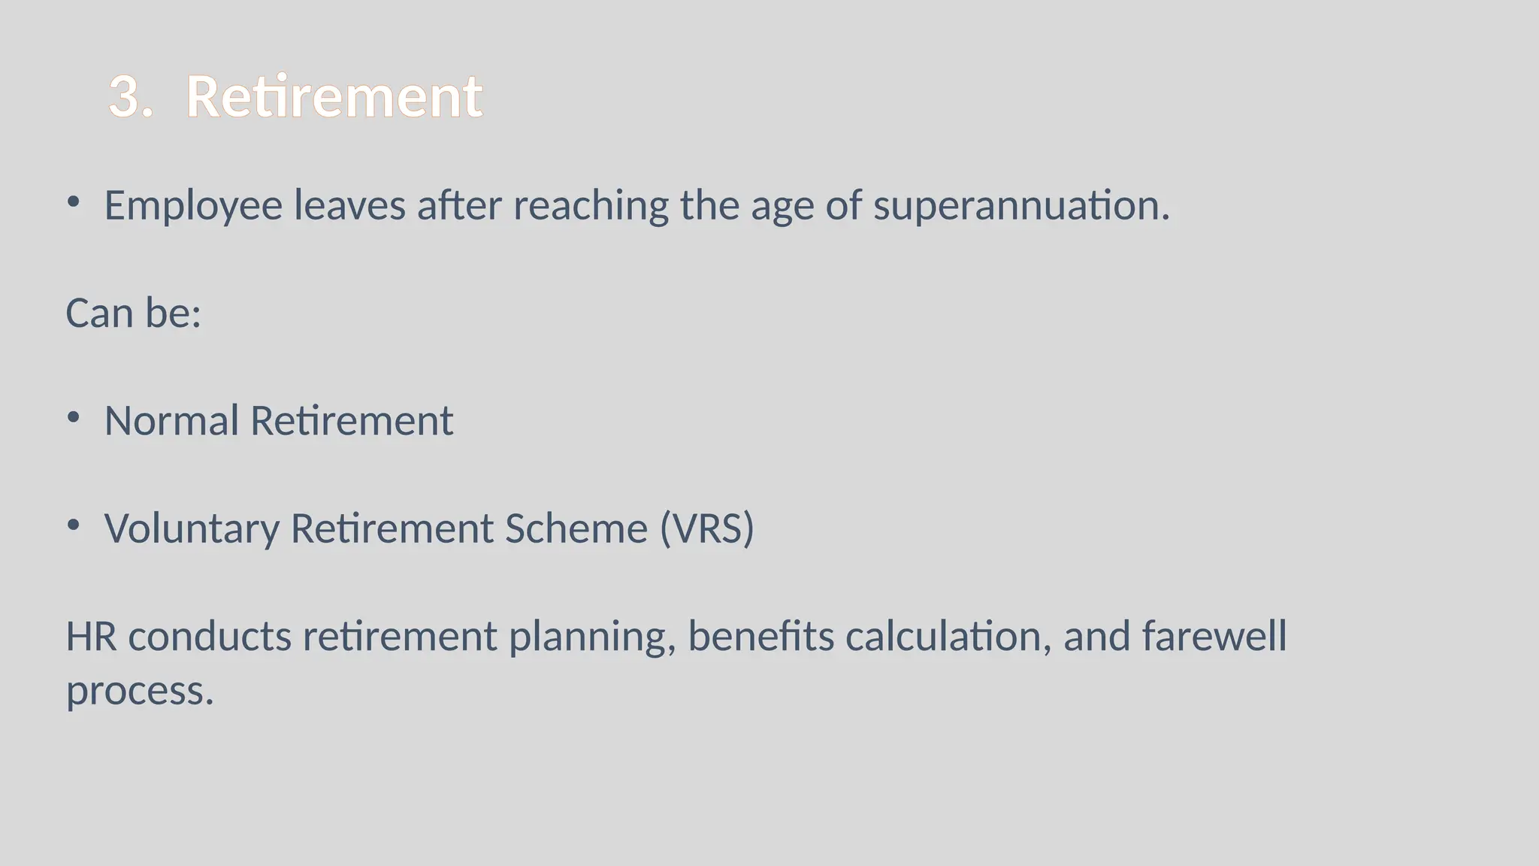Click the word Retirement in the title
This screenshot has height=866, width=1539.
coord(334,97)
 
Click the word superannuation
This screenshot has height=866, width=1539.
coord(1021,206)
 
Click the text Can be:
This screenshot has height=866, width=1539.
coord(134,313)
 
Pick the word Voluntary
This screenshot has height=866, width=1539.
coord(192,529)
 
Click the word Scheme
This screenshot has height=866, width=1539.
coord(576,528)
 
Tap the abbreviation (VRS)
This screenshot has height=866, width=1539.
coord(707,528)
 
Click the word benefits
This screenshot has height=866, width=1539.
coord(760,637)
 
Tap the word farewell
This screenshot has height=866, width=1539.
coord(1214,637)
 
